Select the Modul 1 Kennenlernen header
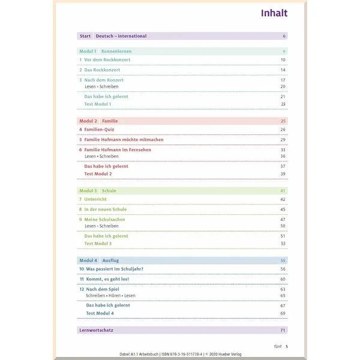[x=106, y=52]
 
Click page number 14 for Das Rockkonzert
[x=283, y=70]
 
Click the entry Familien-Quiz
[x=100, y=130]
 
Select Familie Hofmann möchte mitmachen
[x=123, y=140]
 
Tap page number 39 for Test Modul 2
[x=283, y=174]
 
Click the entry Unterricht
[x=97, y=199]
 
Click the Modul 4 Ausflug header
[x=99, y=260]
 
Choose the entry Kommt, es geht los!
[x=108, y=279]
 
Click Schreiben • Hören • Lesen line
[x=110, y=296]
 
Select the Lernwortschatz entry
[x=97, y=330]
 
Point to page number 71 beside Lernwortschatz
[x=283, y=330]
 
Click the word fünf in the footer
[x=277, y=346]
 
